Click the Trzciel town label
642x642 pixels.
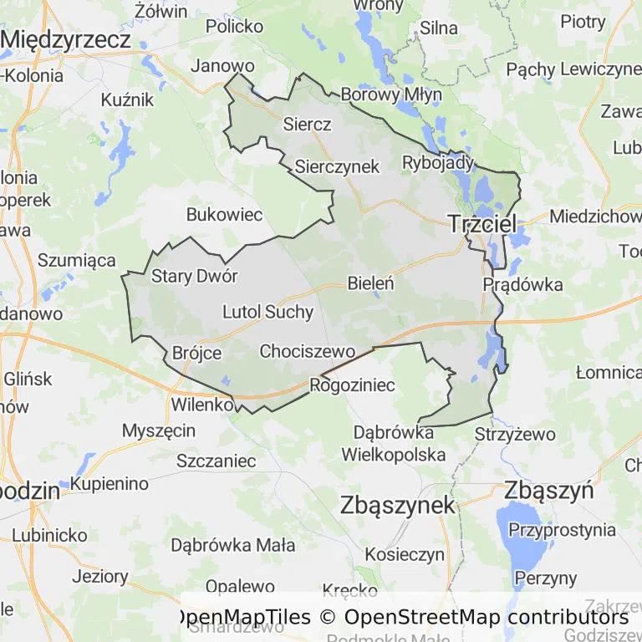[482, 223]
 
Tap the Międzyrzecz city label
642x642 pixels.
[66, 39]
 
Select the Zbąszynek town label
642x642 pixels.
[398, 505]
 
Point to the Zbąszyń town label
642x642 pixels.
[548, 490]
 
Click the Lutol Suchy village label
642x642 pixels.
[267, 313]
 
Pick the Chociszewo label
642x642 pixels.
[308, 351]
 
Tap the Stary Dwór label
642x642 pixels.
[194, 277]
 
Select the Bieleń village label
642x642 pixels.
[370, 283]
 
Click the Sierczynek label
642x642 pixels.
[337, 166]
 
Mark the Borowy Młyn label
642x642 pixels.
[391, 94]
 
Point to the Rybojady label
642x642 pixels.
[438, 162]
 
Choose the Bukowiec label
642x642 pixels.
[224, 215]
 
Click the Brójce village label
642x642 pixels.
[196, 353]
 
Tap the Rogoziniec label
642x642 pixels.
[352, 385]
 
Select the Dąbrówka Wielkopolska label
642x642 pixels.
[393, 444]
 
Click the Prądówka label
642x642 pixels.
[522, 284]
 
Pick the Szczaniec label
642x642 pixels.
[216, 460]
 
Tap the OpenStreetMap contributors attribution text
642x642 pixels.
[487, 617]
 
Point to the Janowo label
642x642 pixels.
[222, 65]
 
